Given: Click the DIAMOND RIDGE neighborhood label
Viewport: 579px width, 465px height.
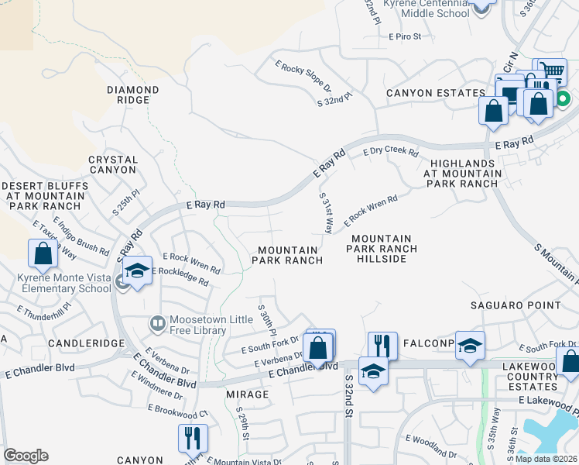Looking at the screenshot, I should (133, 95).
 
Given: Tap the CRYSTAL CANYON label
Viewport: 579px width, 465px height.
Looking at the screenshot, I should (113, 164).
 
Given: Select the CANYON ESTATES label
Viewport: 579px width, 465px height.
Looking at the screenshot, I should (436, 94).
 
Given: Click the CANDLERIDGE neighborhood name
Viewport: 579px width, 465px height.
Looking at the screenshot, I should (86, 342).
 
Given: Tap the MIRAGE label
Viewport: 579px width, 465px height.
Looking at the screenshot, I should (247, 394).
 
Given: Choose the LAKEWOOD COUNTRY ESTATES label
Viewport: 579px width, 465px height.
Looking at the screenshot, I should (540, 376).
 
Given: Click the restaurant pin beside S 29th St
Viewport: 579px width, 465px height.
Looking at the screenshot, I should (193, 438).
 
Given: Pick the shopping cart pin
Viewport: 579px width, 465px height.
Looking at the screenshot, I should (550, 72).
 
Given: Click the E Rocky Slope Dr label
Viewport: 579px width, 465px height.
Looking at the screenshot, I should (303, 77).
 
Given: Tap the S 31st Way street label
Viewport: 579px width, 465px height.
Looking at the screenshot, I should (325, 215).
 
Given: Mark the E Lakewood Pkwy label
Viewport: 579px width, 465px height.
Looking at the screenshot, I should (548, 400).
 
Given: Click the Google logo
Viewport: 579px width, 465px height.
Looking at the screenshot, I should (26, 456).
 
